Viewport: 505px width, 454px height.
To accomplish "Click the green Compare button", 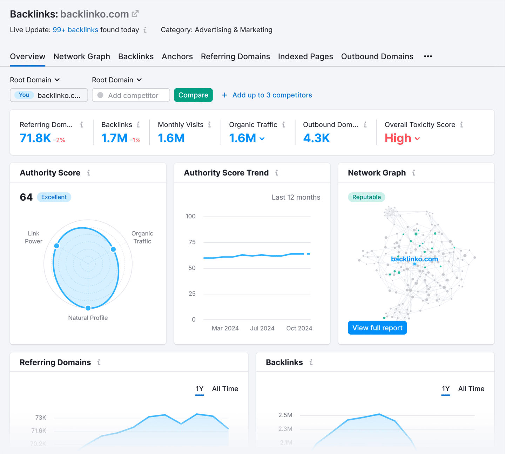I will tap(193, 95).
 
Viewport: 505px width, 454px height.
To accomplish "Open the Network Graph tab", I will tap(82, 56).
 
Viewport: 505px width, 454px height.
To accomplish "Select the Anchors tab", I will tap(177, 56).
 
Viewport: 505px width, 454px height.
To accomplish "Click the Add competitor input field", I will tap(131, 95).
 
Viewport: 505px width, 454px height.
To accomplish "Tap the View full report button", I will tap(377, 328).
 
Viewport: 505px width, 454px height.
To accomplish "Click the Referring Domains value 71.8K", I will tap(35, 138).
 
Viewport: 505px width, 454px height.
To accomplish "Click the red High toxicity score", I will tap(398, 138).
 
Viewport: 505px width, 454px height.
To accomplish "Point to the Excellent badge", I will tap(54, 197).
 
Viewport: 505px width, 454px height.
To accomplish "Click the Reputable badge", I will tap(366, 197).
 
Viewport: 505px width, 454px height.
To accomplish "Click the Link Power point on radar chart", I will tap(56, 246).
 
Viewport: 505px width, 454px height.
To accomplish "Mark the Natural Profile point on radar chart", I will tap(88, 308).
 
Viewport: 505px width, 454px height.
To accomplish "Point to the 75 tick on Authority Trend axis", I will tap(192, 242).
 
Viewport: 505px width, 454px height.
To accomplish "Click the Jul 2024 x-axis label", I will tap(262, 328).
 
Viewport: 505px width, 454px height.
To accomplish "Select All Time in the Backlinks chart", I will tap(471, 389).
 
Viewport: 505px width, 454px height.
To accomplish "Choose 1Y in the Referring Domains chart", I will tap(200, 389).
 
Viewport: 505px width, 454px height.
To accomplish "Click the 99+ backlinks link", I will tap(75, 30).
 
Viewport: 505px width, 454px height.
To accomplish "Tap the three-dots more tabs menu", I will tap(428, 56).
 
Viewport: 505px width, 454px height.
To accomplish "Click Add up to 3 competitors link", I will tap(272, 95).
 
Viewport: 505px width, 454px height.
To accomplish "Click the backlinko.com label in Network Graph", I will tap(414, 259).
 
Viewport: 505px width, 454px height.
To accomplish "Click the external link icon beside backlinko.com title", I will tap(135, 14).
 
